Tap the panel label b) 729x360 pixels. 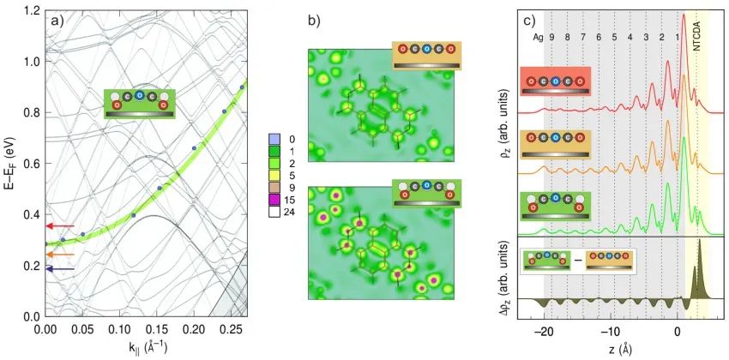[x=314, y=21]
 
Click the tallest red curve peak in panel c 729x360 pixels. [x=684, y=15]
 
